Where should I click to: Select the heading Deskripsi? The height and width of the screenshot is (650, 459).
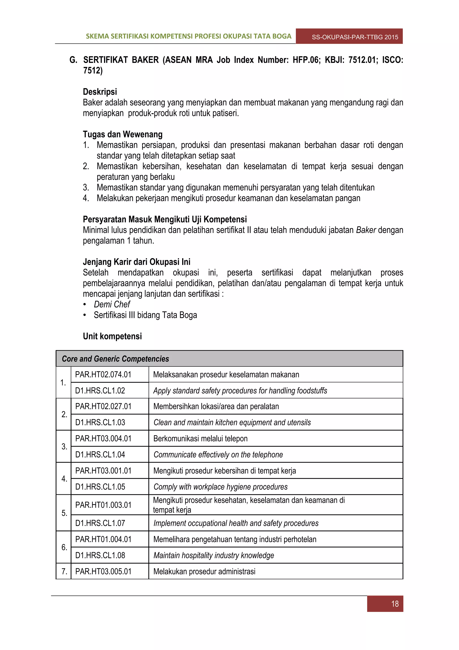(100, 92)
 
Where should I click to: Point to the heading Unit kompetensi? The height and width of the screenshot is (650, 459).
(112, 336)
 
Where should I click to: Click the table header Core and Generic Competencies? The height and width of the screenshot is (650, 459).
(115, 359)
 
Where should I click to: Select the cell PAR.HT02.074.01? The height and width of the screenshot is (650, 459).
(103, 375)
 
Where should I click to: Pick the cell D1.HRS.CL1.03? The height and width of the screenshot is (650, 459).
(100, 422)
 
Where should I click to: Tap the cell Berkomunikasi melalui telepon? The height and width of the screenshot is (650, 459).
(200, 438)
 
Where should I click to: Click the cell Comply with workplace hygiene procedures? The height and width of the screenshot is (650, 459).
(220, 487)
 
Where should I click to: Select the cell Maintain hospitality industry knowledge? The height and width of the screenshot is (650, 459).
(214, 555)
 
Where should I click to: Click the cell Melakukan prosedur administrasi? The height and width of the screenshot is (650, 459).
(204, 571)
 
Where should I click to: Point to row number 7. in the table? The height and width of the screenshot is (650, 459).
(64, 571)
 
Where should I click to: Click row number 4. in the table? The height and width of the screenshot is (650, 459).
(64, 479)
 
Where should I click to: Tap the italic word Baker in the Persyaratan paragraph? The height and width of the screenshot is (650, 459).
(366, 230)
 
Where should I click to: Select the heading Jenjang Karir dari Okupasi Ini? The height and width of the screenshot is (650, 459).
(136, 262)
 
